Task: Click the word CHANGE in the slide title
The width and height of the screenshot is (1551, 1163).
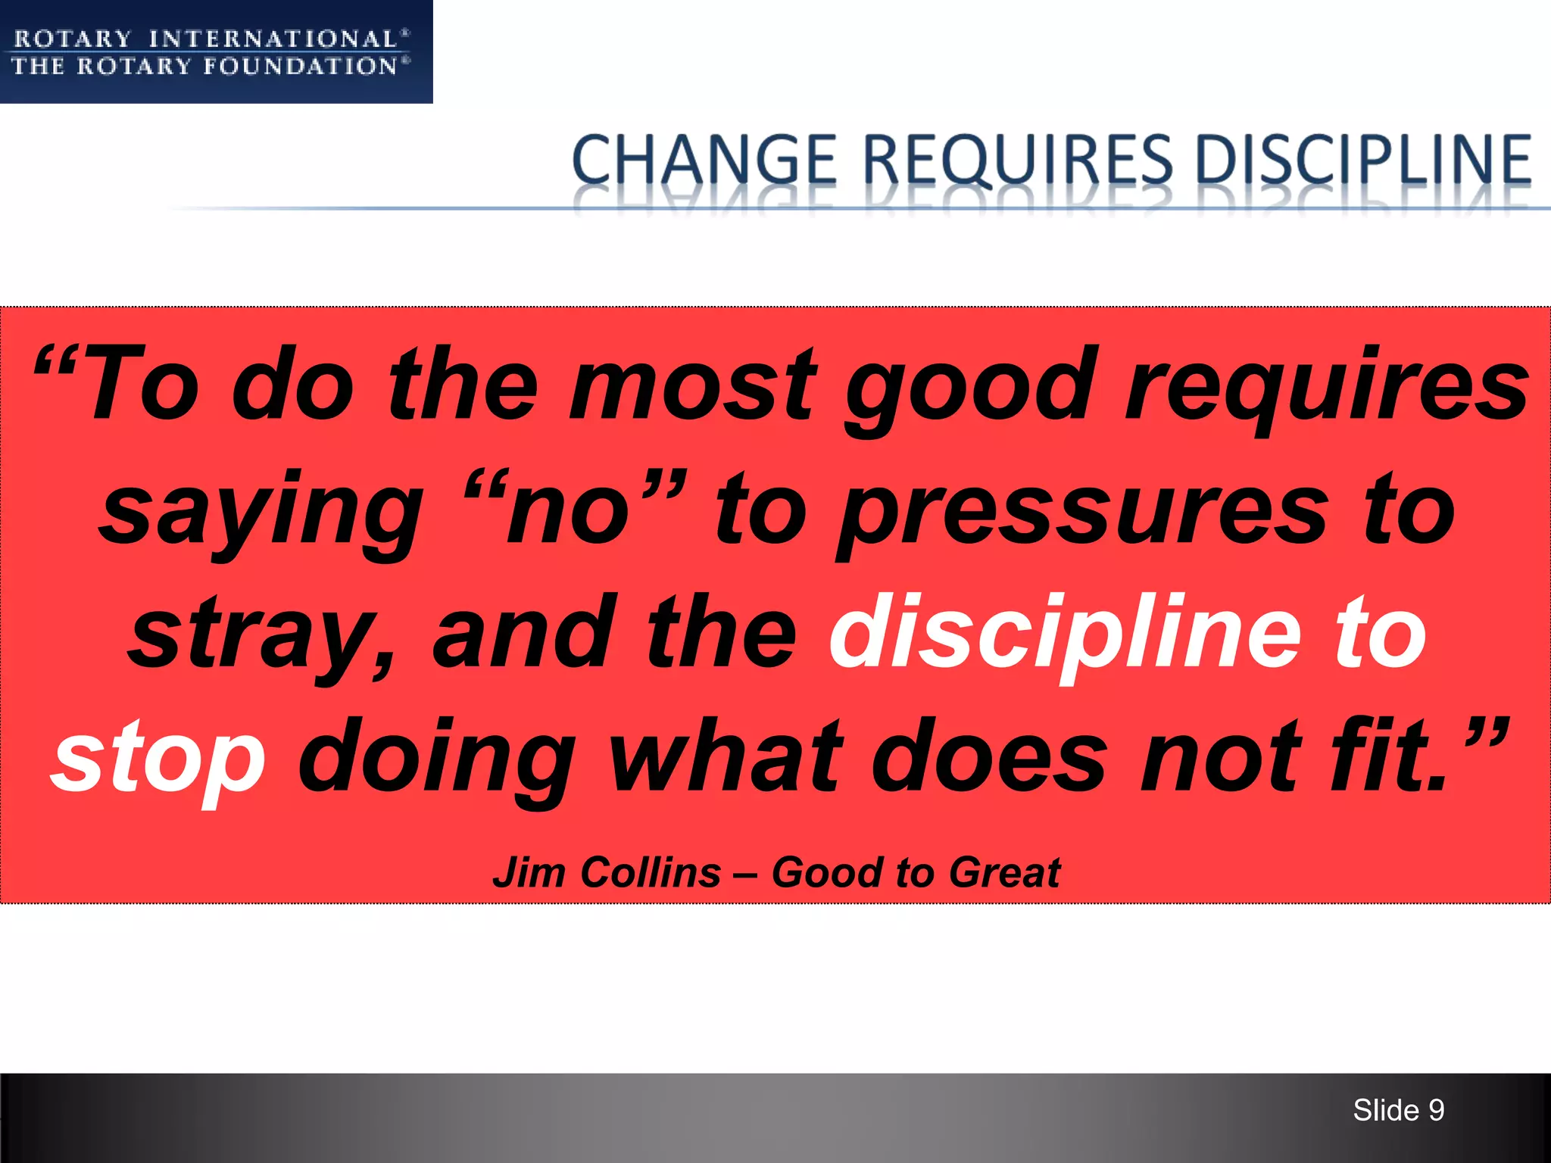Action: (704, 160)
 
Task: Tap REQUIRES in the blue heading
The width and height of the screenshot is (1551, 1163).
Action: (1017, 160)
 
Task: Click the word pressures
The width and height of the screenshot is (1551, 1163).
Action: (1084, 510)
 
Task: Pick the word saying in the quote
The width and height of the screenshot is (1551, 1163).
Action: (261, 510)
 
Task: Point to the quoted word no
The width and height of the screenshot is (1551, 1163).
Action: (568, 510)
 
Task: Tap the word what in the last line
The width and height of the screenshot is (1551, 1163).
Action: (726, 757)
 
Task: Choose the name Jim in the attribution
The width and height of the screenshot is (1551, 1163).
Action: (529, 872)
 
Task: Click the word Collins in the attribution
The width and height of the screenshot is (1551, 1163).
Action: (651, 872)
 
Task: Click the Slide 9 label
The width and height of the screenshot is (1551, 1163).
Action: (1398, 1110)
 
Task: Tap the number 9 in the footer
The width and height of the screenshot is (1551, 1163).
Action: (1436, 1110)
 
